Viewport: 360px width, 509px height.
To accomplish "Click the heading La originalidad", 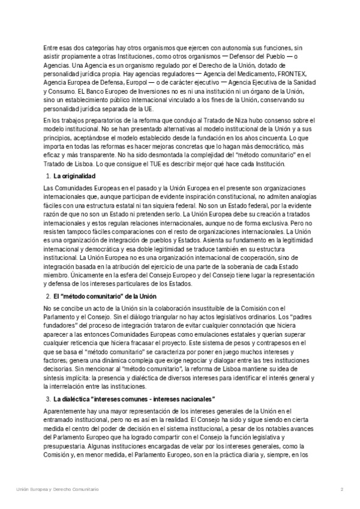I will pos(74,176).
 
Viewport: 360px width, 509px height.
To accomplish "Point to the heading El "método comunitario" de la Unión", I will pos(104,297).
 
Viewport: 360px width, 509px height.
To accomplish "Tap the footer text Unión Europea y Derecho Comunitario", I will pos(58,490).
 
